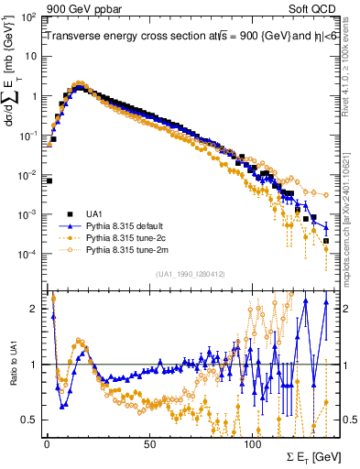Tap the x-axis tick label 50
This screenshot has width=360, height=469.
(x=149, y=443)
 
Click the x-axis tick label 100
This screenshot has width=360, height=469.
(x=253, y=443)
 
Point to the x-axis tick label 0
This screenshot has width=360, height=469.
(x=46, y=443)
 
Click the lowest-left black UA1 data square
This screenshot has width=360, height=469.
(x=48, y=180)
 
